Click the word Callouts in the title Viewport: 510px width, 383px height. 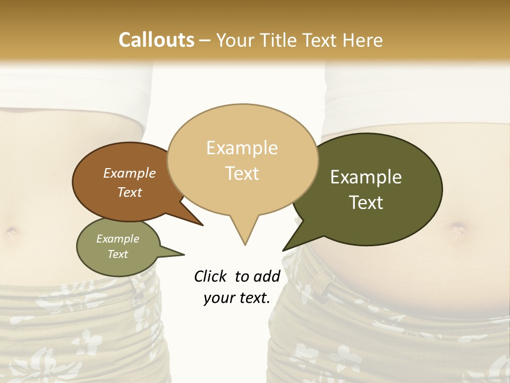point(156,40)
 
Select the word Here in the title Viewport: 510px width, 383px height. point(363,40)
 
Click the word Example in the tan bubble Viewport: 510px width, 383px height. point(242,148)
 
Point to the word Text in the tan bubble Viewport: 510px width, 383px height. point(242,173)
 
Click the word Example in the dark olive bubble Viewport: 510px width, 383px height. point(366,177)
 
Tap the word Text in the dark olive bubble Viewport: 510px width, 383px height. point(366,203)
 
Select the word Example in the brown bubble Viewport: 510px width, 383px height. point(129,173)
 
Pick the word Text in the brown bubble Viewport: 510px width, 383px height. point(129,192)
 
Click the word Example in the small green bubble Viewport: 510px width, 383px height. point(117,239)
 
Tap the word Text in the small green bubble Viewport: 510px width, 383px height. point(117,254)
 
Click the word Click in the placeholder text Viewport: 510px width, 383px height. point(210,276)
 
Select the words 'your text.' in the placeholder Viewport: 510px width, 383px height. point(236,298)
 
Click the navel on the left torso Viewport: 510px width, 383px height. point(11,232)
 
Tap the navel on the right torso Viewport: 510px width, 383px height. point(458,230)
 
